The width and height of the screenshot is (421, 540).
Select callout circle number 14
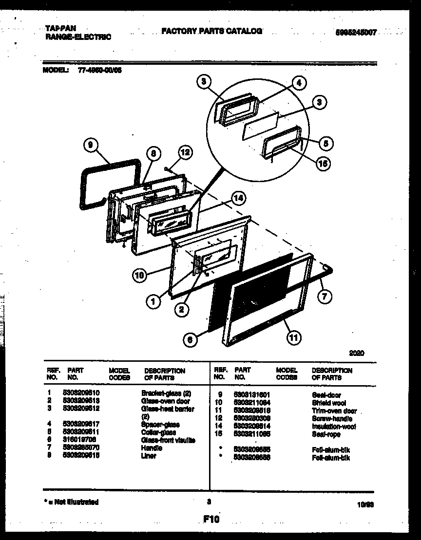(238, 198)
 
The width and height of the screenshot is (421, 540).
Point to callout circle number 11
(293, 337)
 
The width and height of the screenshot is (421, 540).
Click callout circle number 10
(140, 276)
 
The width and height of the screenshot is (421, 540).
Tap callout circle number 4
(299, 83)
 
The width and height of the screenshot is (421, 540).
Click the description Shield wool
(328, 403)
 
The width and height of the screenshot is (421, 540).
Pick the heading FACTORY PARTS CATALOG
(211, 31)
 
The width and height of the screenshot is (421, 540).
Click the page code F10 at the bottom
(211, 520)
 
